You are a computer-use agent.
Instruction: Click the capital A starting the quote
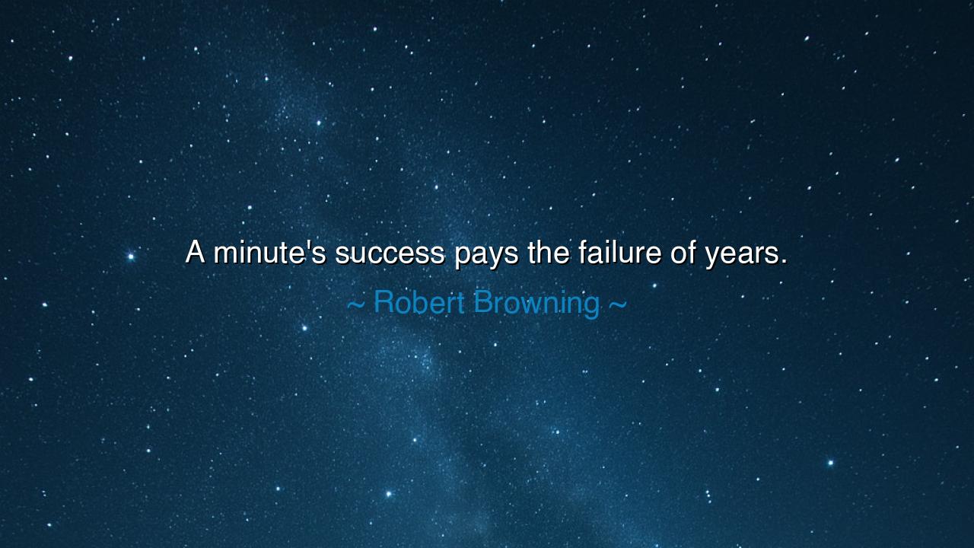(x=196, y=252)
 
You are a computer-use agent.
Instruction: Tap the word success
(x=390, y=253)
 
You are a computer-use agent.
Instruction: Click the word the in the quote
(x=548, y=252)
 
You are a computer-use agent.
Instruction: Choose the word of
(x=684, y=252)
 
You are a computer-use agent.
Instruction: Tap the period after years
(x=784, y=262)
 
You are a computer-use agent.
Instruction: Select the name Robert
(x=419, y=302)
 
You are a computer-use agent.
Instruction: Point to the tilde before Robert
(x=356, y=304)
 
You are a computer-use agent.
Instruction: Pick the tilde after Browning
(x=618, y=304)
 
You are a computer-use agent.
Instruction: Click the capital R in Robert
(x=383, y=302)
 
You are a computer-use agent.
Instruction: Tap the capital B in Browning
(x=482, y=302)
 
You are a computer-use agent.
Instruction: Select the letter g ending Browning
(x=590, y=306)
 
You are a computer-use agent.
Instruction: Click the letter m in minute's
(x=225, y=254)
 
